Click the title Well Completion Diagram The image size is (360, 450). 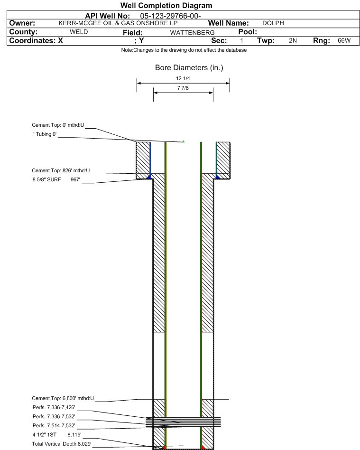(166, 5)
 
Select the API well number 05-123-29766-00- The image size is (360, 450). (170, 16)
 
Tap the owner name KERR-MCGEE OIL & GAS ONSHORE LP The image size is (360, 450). (118, 23)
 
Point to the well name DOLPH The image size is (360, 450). (273, 23)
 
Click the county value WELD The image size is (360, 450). (79, 32)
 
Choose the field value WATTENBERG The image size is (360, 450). (192, 33)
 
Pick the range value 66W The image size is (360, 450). (344, 40)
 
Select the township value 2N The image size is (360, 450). (293, 40)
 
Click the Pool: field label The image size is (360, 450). (248, 32)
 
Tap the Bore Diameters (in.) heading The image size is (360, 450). (189, 68)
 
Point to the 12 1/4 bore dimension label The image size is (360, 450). (183, 78)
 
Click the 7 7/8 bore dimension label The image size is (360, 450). (183, 88)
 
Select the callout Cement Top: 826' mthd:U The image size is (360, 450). (61, 170)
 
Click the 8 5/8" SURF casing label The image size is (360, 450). (47, 179)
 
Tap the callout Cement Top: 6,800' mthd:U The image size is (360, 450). (63, 398)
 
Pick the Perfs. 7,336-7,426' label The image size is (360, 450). (54, 408)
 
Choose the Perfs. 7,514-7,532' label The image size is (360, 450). (54, 426)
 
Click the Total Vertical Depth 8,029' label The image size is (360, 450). (62, 444)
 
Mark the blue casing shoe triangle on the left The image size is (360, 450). (148, 177)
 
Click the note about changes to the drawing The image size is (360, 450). (184, 50)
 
